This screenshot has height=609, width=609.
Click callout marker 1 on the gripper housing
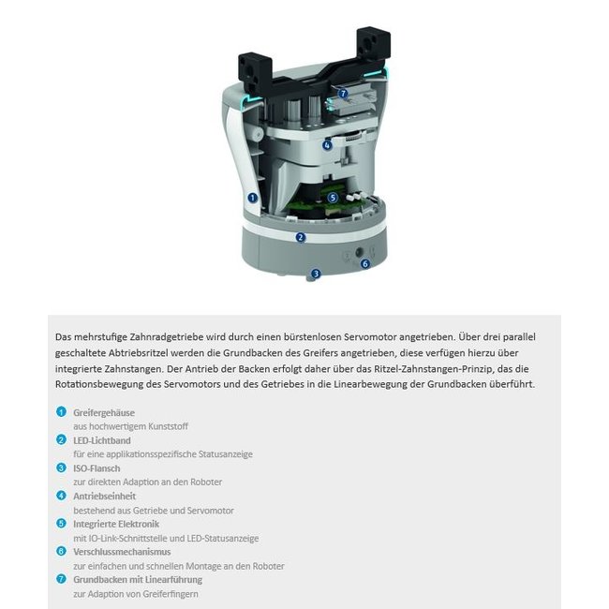[x=253, y=198]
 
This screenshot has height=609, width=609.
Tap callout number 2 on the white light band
[x=300, y=237]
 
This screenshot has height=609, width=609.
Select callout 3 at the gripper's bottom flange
[x=316, y=274]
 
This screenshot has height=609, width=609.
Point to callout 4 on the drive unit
[x=327, y=145]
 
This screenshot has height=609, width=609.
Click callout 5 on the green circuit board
[x=332, y=198]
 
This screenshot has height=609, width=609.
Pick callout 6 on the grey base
[x=365, y=263]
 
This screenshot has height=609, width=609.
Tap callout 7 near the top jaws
[x=343, y=94]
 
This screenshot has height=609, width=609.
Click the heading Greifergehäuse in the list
[x=104, y=412]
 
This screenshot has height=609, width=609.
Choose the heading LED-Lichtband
[x=103, y=440]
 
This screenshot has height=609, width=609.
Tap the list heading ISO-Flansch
[x=97, y=468]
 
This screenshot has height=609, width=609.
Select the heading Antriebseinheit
[x=105, y=497]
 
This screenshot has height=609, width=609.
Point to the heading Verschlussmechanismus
[x=122, y=552]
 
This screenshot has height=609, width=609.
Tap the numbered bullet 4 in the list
[x=62, y=497]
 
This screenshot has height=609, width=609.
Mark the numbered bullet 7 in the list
[x=62, y=580]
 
